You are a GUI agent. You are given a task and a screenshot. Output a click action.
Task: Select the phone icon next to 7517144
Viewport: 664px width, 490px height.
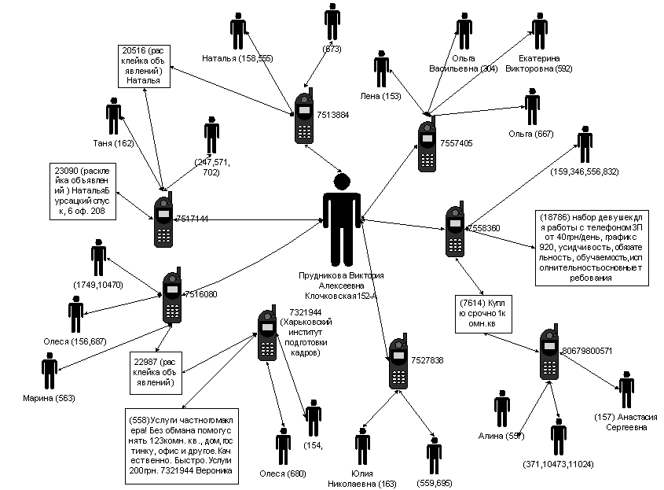point(163,220)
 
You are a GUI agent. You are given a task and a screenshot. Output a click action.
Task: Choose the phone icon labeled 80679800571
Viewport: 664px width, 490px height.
point(549,352)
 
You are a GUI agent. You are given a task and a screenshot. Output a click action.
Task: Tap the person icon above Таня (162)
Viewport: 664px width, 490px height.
point(114,117)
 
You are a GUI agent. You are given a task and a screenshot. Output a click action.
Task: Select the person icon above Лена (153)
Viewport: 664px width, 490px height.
point(381,70)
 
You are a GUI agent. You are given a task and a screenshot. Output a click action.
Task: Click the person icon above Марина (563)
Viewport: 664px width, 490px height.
point(50,371)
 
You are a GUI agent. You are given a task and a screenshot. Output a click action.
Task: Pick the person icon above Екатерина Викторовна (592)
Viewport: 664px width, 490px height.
point(539,33)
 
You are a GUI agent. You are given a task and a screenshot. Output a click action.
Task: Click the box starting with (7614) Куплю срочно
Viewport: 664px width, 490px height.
point(484,313)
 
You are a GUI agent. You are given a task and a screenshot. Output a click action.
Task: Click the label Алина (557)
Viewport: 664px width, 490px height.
point(501,437)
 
